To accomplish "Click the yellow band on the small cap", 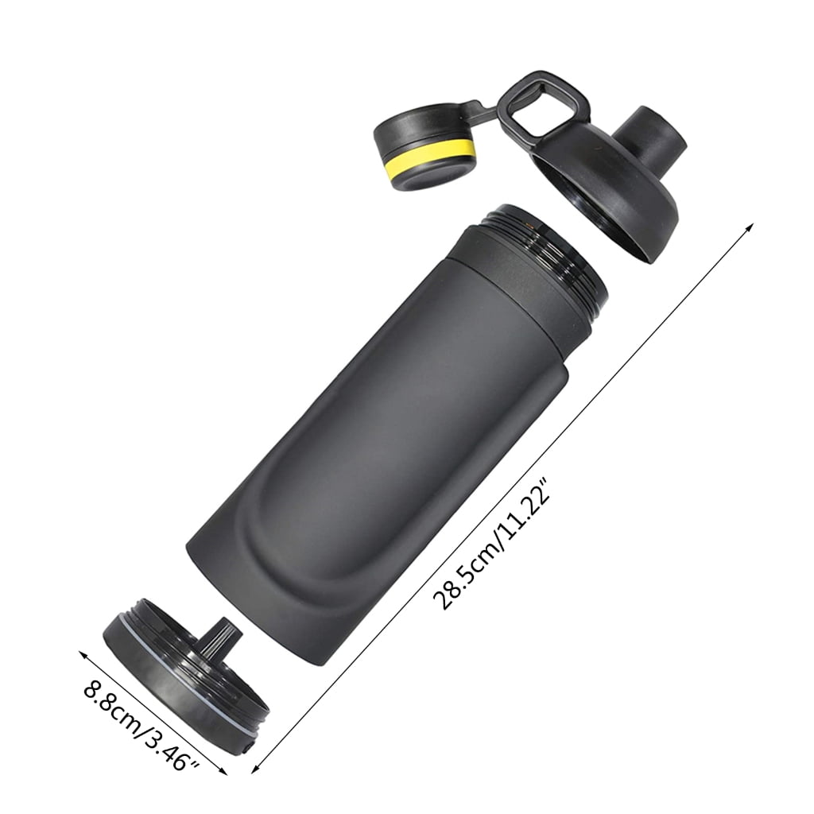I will click(429, 161).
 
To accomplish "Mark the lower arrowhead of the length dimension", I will click(256, 768).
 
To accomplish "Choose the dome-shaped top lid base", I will click(604, 199).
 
